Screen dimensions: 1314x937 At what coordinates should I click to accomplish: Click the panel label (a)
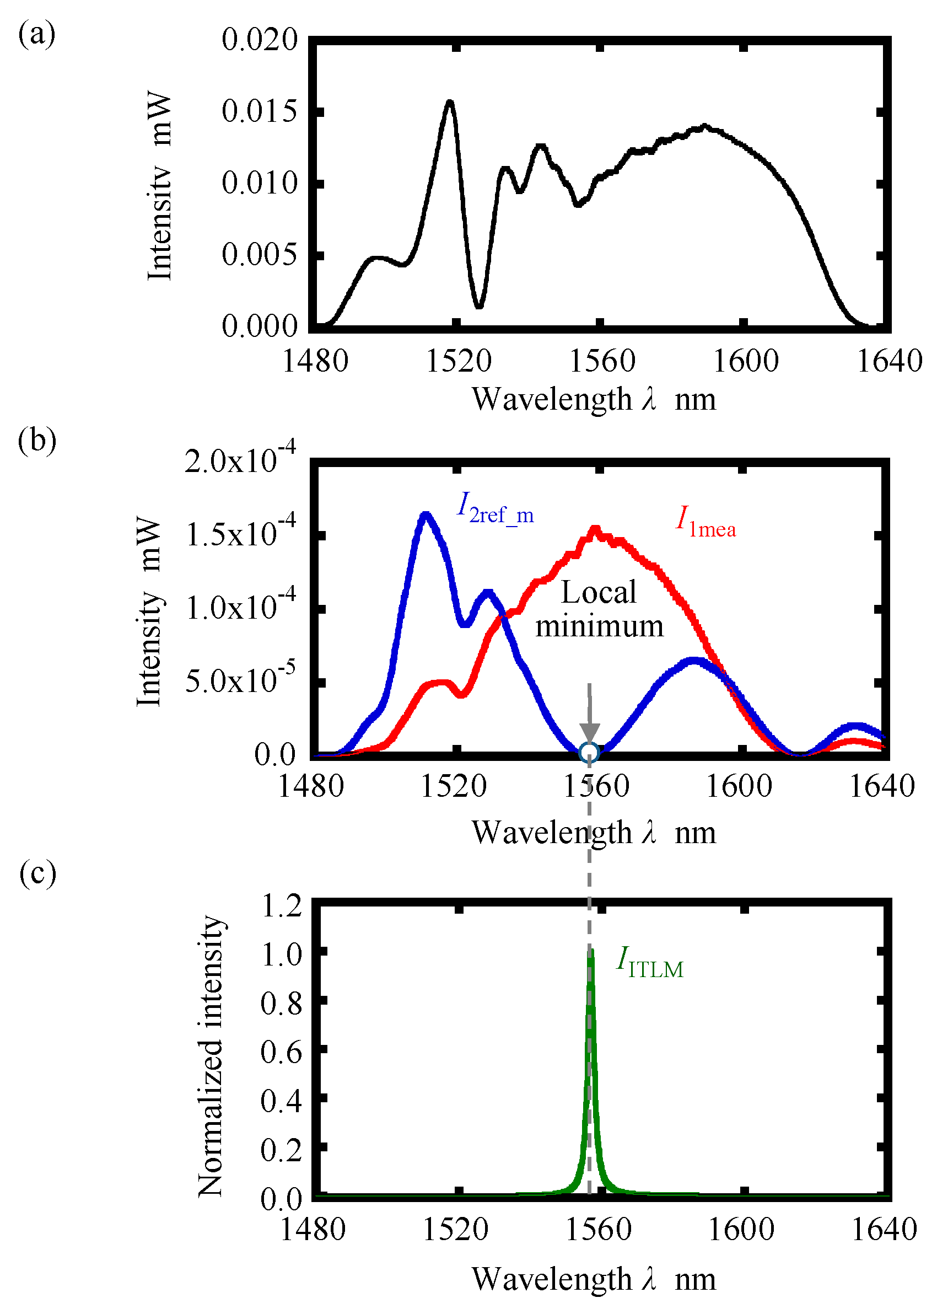37,34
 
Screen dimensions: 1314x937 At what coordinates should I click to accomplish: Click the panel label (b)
37,441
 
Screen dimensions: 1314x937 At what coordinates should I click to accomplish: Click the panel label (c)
37,872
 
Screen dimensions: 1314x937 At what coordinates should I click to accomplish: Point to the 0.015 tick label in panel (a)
260,111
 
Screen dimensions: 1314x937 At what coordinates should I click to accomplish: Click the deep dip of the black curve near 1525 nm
479,306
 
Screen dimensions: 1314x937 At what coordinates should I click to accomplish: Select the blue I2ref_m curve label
496,508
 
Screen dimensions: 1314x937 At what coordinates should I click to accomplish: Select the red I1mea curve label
706,522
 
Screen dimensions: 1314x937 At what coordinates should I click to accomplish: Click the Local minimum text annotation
599,609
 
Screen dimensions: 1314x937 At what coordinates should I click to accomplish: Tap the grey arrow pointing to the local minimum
589,716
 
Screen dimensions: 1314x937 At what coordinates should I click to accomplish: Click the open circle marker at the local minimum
589,752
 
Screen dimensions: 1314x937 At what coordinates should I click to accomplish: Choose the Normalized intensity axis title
211,1055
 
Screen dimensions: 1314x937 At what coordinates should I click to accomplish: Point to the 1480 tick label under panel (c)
312,1229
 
